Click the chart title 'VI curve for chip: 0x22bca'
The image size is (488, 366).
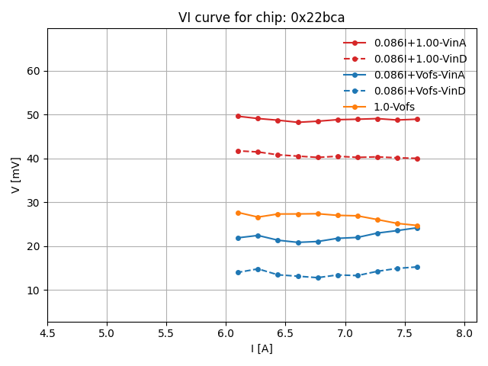click(262, 18)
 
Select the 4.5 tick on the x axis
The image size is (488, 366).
click(47, 333)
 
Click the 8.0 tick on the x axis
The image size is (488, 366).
click(464, 333)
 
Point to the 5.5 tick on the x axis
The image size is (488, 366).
click(166, 333)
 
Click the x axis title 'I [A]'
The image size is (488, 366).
click(262, 348)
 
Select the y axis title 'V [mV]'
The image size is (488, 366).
click(16, 175)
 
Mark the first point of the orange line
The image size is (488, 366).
click(238, 213)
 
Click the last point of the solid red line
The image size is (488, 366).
click(417, 119)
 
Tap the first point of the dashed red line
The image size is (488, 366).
click(238, 151)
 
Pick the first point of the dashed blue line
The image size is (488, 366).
click(238, 272)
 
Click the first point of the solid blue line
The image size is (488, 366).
click(238, 238)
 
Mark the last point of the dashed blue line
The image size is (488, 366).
click(417, 267)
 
